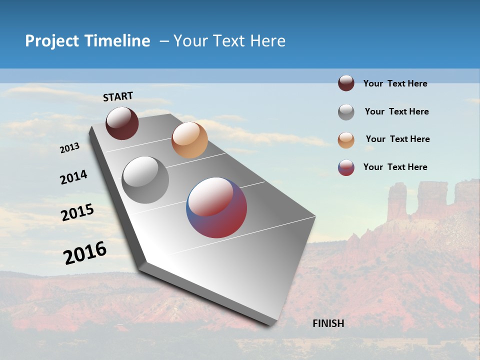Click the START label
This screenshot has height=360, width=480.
point(118,96)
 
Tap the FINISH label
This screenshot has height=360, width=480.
point(328,323)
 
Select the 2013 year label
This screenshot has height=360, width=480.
point(69,148)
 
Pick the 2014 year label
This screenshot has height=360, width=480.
point(73,177)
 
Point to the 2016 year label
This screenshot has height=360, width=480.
point(85,253)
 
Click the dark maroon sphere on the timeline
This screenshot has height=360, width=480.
point(122,123)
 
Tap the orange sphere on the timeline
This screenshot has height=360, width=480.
point(189,140)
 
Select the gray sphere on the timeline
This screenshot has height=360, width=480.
point(145,180)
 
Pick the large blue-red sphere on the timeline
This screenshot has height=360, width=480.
point(216,207)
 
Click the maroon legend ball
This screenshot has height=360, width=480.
point(346,83)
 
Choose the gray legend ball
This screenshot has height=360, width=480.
point(346,112)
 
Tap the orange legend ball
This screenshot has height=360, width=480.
point(346,140)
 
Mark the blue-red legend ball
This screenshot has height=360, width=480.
point(346,167)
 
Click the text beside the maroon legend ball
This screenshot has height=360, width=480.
point(395,84)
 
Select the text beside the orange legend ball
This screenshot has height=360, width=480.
point(397,139)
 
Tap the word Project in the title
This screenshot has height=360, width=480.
point(52,41)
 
